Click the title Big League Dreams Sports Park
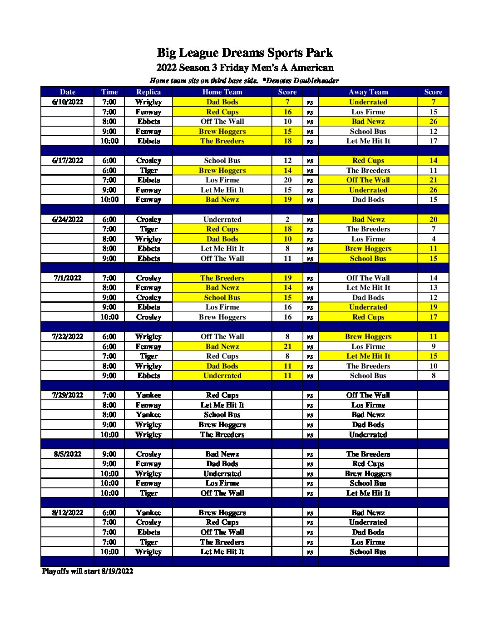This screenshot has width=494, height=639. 245,53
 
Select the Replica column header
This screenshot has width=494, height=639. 148,92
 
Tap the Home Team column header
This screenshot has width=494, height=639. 222,92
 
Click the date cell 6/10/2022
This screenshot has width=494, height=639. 68,102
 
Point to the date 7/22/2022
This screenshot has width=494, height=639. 68,336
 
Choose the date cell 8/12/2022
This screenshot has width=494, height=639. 68,512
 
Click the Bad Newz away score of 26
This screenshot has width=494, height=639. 433,121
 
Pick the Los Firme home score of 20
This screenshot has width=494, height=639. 287,180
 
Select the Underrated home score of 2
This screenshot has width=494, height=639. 287,219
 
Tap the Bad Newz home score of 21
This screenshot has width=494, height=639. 287,346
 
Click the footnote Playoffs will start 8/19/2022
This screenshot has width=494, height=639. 88,571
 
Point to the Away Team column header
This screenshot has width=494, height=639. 368,92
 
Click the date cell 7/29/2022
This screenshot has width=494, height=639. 68,395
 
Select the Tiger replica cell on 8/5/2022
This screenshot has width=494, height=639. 148,493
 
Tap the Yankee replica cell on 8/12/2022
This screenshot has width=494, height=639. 148,512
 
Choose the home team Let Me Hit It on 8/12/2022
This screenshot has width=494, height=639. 222,551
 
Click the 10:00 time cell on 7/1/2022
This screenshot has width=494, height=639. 109,317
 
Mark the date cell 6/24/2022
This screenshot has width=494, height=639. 68,219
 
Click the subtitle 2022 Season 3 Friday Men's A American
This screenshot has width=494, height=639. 245,68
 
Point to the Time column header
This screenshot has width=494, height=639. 109,92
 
